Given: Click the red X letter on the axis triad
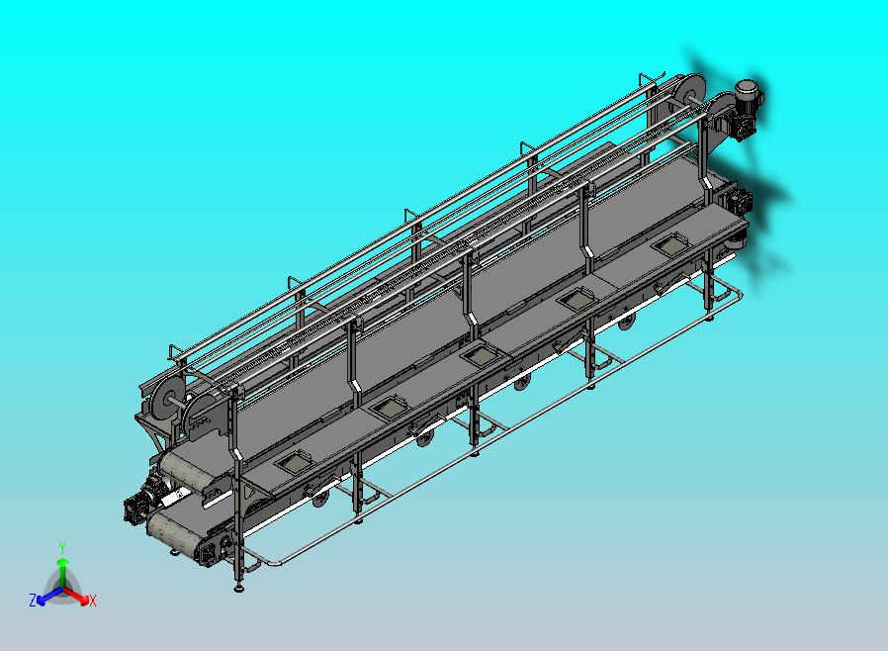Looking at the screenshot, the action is (x=92, y=602).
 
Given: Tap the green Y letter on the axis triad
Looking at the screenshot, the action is (x=62, y=547).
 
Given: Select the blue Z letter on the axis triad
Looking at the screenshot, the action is (x=33, y=600).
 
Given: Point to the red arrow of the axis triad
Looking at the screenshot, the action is (x=77, y=595).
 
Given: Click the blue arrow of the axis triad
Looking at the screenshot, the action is (x=48, y=595).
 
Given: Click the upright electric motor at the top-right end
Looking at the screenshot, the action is (x=748, y=93).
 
